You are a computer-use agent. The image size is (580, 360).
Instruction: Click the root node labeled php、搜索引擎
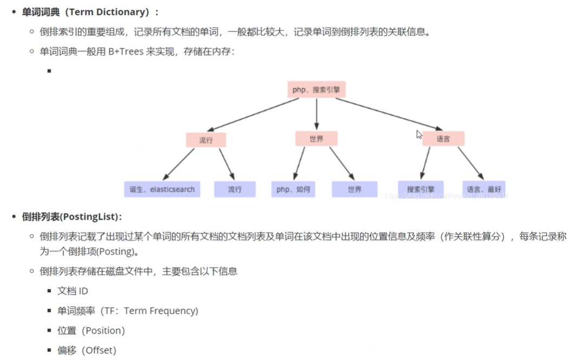[x=317, y=90]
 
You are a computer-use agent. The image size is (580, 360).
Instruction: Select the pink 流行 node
[x=206, y=140]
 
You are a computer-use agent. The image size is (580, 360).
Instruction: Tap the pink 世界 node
[x=317, y=139]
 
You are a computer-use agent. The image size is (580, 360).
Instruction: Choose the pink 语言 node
[x=443, y=139]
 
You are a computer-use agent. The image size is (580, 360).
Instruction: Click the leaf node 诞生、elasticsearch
[x=162, y=189]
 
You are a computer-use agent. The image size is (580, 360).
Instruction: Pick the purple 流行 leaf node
[x=234, y=189]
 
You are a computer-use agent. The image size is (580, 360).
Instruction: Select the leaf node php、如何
[x=293, y=189]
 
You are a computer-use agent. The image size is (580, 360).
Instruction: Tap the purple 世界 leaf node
[x=354, y=189]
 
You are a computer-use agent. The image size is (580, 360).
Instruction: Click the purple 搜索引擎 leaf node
[x=420, y=189]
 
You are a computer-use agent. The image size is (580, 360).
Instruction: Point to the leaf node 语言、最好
[x=484, y=189]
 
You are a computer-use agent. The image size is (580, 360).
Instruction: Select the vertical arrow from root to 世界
[x=317, y=114]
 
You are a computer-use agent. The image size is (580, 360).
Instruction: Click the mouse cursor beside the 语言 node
[x=419, y=135]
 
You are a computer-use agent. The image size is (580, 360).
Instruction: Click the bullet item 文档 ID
[x=72, y=291]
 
